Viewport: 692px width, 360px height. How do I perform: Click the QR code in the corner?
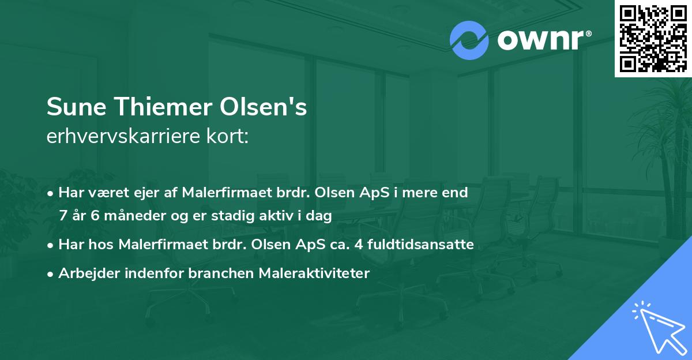click(653, 38)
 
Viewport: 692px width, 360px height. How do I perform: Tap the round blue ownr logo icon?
click(469, 40)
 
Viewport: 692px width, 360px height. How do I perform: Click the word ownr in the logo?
click(543, 40)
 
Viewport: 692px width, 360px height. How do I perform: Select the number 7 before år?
click(63, 216)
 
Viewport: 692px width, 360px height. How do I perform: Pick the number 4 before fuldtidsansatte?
click(361, 245)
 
